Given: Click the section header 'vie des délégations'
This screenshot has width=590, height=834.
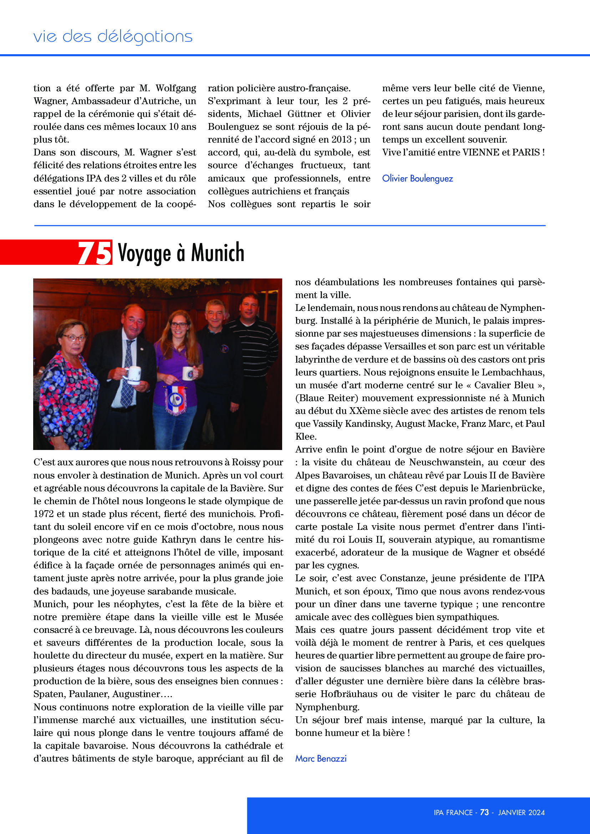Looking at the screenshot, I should click(x=113, y=36).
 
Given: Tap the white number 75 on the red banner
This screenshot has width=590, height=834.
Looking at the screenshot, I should click(x=95, y=253).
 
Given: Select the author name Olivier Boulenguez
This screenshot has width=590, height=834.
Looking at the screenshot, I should click(x=417, y=178).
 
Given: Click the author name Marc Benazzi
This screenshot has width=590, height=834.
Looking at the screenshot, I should click(x=321, y=758).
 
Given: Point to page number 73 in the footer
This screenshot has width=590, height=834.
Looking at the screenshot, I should click(x=484, y=813).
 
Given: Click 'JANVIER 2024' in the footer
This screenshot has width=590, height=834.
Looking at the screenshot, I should click(x=522, y=813).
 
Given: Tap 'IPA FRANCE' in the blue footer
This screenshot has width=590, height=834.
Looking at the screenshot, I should click(x=453, y=813).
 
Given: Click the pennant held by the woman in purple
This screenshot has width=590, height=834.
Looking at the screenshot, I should click(x=176, y=400).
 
